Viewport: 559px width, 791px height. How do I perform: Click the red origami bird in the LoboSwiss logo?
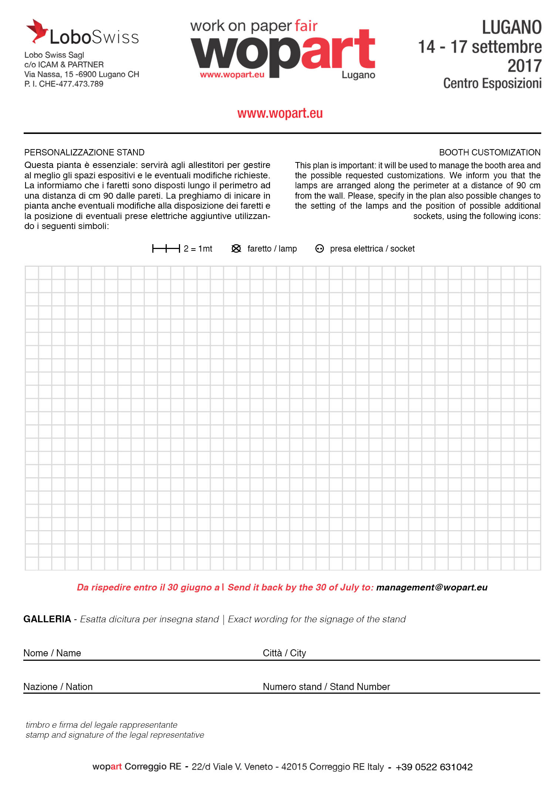click(x=37, y=30)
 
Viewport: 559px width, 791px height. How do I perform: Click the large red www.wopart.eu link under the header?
click(x=280, y=113)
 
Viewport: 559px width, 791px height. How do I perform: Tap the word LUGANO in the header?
click(x=512, y=28)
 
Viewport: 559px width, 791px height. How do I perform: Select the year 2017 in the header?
click(x=524, y=66)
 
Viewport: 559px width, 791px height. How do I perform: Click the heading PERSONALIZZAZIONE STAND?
click(x=84, y=152)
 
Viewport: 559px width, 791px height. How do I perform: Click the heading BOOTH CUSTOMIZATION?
click(x=489, y=152)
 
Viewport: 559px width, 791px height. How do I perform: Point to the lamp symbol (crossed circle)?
click(x=236, y=249)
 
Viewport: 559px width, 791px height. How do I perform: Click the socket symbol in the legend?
click(x=319, y=249)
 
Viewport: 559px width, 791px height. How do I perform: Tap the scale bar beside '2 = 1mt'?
click(x=166, y=249)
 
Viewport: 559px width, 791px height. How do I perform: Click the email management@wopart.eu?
click(x=431, y=588)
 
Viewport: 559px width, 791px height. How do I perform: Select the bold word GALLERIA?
click(x=47, y=619)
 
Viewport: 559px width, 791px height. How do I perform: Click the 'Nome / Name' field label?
click(x=52, y=653)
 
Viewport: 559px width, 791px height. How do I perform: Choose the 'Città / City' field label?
click(x=284, y=653)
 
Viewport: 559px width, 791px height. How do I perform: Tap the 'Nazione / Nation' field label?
click(x=58, y=687)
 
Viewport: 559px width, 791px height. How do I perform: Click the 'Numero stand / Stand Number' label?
click(x=326, y=687)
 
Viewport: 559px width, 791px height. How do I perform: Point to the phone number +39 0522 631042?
click(x=434, y=767)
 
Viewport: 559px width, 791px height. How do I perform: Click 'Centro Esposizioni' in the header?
click(x=492, y=84)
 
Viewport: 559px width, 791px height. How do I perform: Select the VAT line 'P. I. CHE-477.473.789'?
click(x=64, y=84)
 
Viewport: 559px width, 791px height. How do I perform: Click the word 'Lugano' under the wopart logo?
click(x=358, y=75)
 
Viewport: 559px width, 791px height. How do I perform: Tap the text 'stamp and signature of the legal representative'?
click(x=115, y=735)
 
